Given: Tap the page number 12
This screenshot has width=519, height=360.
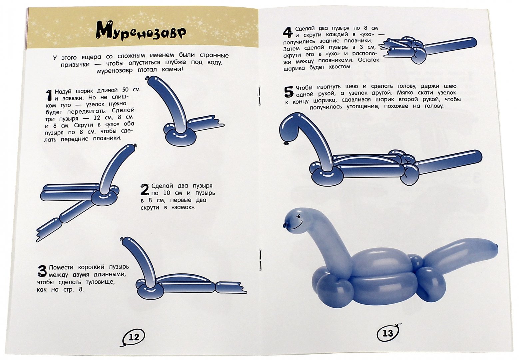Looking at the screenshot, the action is click(x=134, y=337).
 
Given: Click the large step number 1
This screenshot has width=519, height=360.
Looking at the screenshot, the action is click(x=49, y=96).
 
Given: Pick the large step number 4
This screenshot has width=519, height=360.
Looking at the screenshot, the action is click(x=288, y=32).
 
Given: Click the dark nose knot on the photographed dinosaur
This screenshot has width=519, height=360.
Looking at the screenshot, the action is click(x=285, y=225).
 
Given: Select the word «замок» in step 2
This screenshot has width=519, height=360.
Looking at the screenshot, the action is click(x=184, y=207).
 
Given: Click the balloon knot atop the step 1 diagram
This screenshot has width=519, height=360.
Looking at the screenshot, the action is click(x=147, y=78).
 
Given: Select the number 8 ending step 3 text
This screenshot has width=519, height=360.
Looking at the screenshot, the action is click(x=81, y=290).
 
